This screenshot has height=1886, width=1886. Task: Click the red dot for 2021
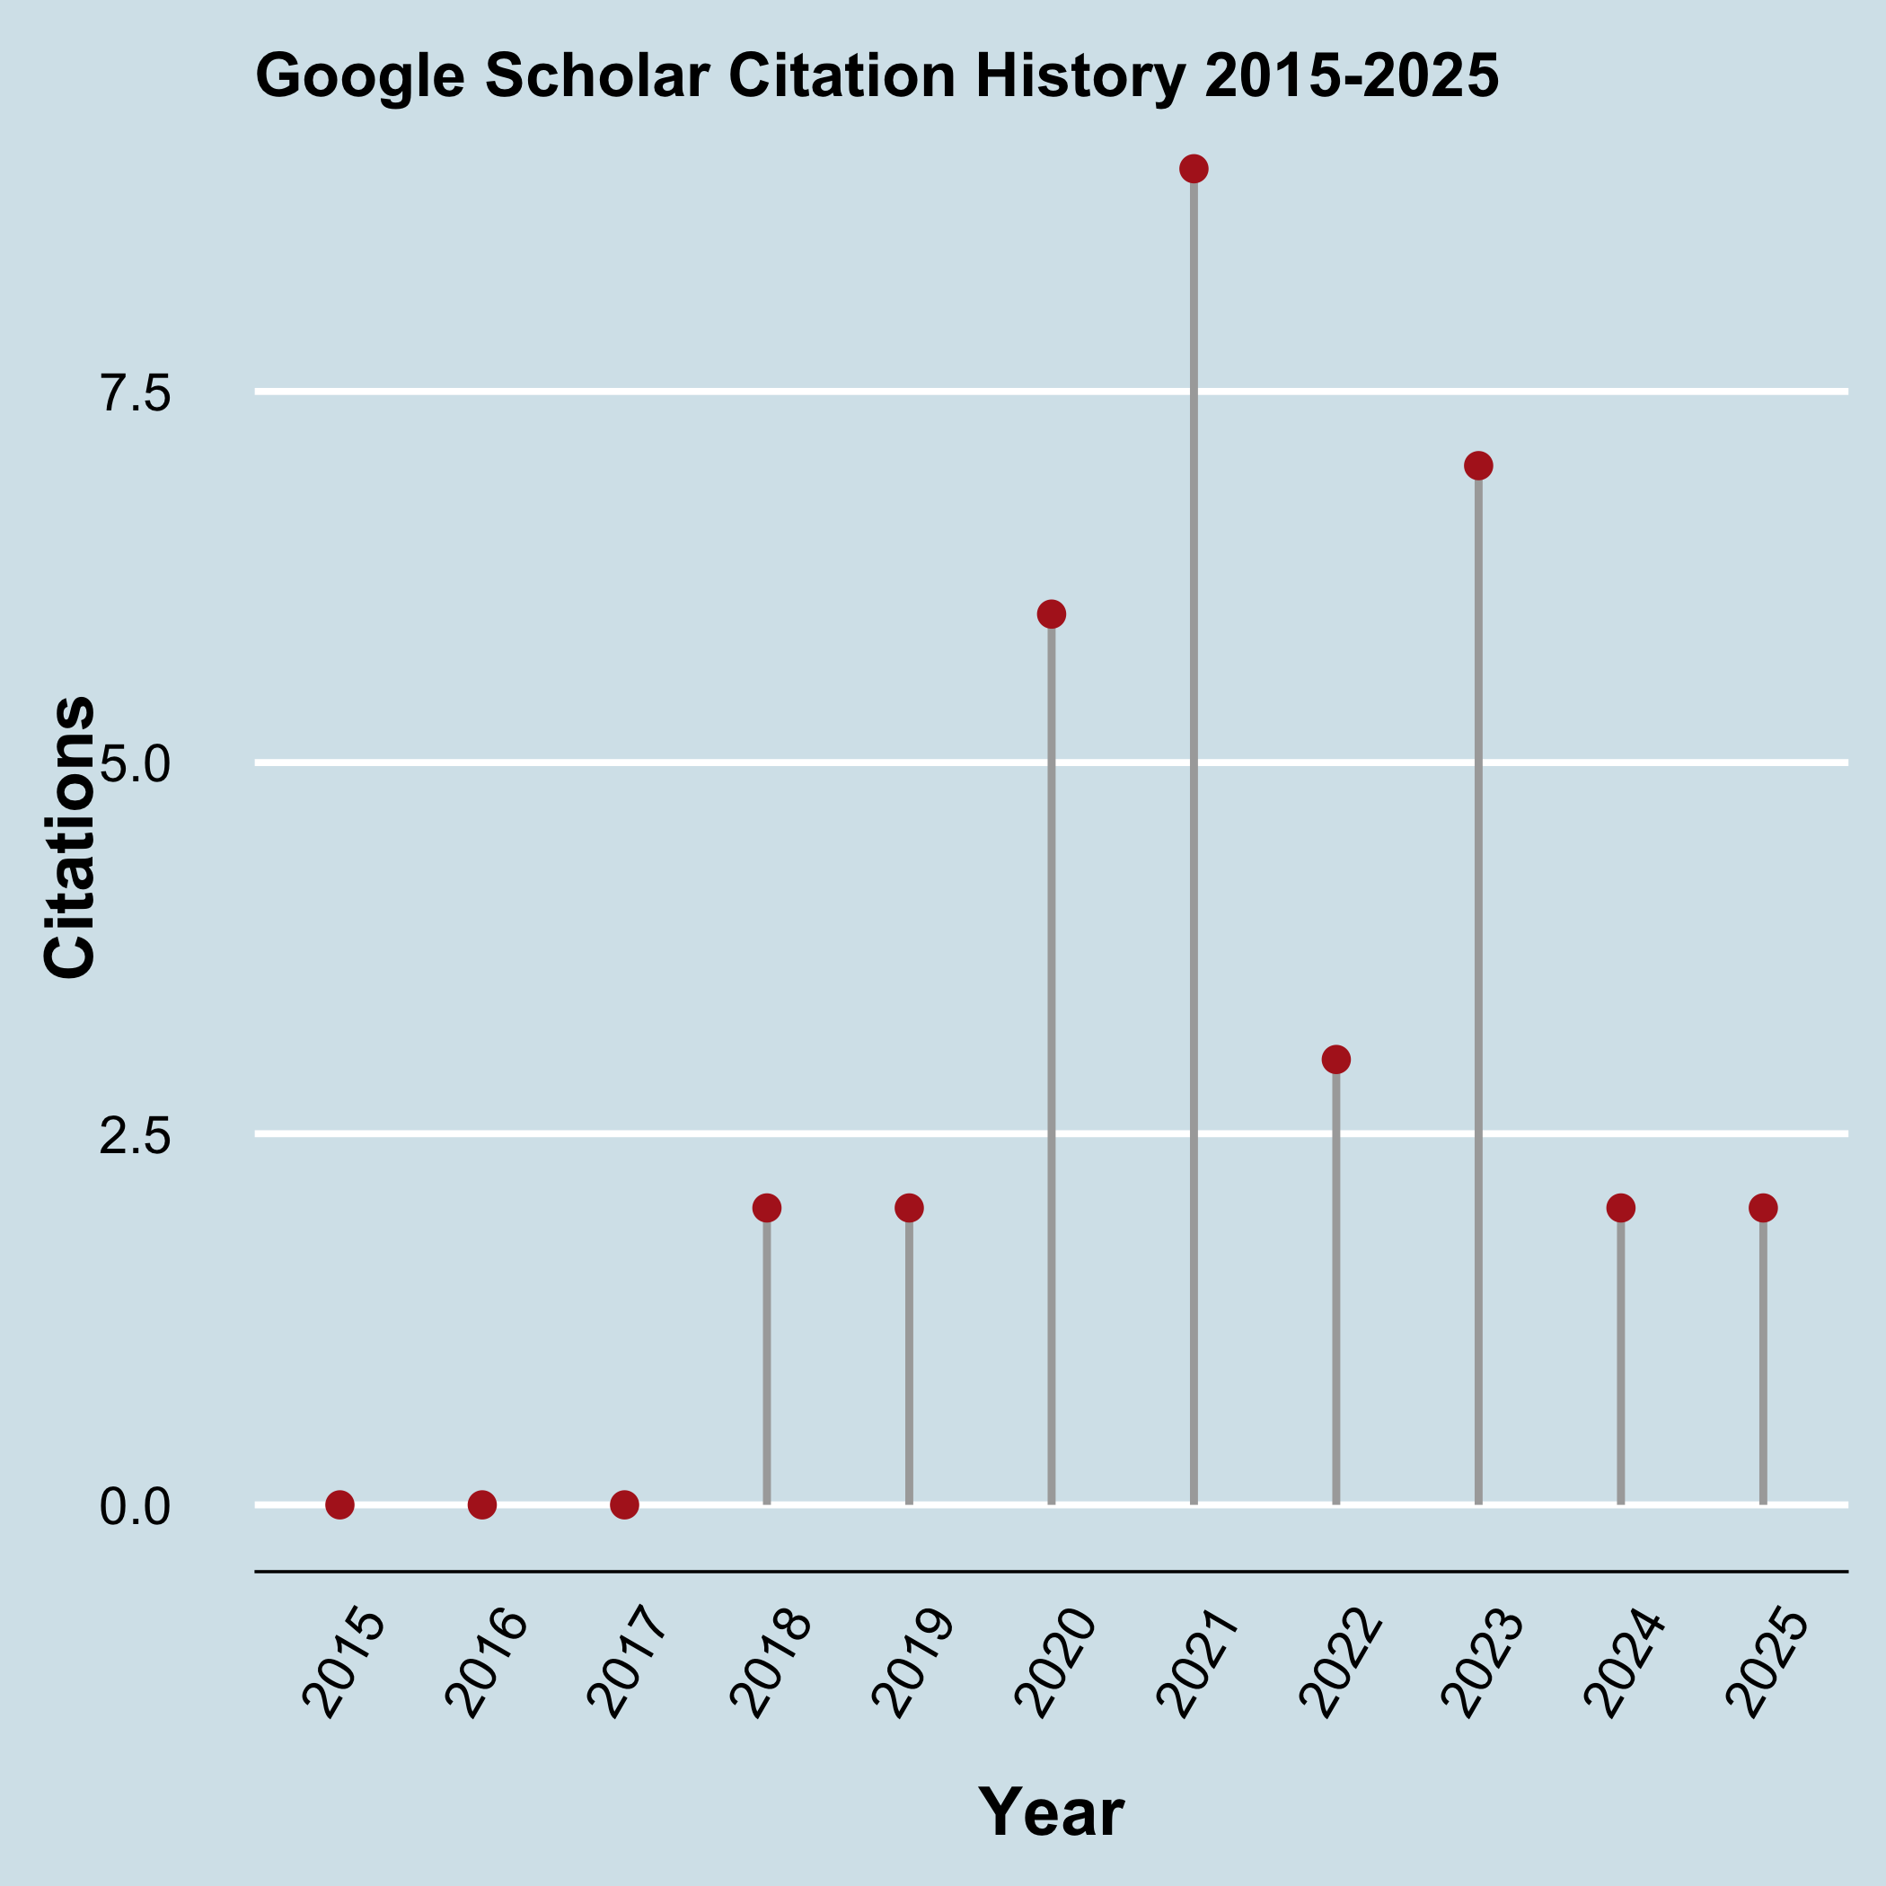coord(1194,169)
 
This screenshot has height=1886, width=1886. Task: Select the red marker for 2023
coord(1479,465)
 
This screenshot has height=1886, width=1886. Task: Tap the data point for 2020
coord(1052,614)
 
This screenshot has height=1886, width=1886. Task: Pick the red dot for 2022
coord(1336,1059)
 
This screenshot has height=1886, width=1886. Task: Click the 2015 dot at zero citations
coord(339,1504)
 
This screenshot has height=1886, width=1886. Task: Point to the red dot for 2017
coord(625,1504)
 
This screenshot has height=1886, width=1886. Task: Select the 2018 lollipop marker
coord(767,1208)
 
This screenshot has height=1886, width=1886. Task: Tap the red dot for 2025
coord(1763,1208)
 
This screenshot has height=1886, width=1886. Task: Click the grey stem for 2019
coord(909,1367)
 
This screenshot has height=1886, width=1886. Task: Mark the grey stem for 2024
coord(1620,1367)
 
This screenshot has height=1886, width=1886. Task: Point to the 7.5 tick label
coord(135,394)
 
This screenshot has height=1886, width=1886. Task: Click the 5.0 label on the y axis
coord(135,765)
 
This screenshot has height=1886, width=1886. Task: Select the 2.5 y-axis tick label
coord(135,1136)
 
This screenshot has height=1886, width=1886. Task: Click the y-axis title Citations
coord(70,838)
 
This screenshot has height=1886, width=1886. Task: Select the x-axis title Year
coord(1052,1812)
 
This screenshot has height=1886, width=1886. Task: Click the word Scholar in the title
coord(596,77)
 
